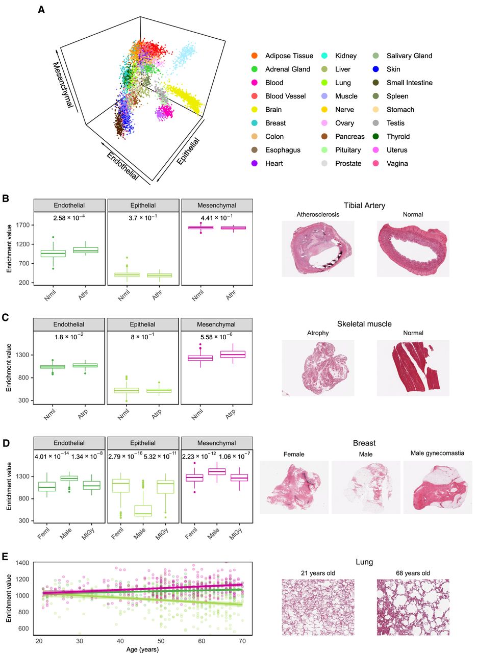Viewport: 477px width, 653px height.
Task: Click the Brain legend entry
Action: point(273,110)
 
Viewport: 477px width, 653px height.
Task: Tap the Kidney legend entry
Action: point(345,56)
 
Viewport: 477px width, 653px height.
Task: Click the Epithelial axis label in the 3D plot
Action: point(187,151)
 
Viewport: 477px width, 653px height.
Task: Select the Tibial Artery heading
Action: point(364,206)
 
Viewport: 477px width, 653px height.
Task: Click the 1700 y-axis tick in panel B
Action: point(22,225)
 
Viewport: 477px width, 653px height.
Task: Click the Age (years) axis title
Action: point(140,649)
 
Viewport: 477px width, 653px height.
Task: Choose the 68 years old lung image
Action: point(413,607)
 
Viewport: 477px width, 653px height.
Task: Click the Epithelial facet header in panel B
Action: point(143,206)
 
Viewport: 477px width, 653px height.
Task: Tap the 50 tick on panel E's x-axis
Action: point(161,640)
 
